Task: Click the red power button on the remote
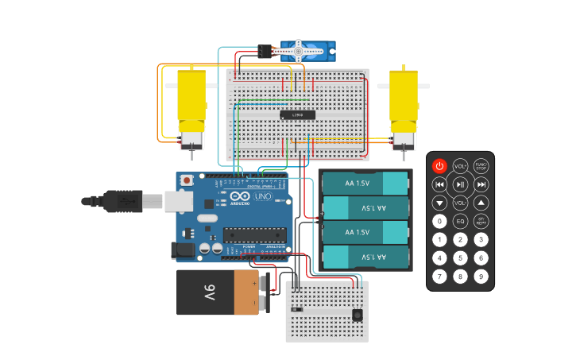pos(439,166)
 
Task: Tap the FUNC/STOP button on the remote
pos(481,166)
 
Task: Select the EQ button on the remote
pos(460,222)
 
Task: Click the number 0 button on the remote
pos(439,222)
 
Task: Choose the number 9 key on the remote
pos(481,277)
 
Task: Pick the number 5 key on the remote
pos(460,258)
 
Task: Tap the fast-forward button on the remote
pos(481,184)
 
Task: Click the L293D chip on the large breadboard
pos(298,115)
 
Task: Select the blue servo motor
pos(306,52)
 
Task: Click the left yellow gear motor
pos(191,103)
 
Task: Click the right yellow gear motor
pos(403,103)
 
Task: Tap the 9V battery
pos(218,292)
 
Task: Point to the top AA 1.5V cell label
pos(357,184)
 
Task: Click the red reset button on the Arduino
pos(187,180)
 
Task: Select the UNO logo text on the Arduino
pos(263,196)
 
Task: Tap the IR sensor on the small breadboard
pos(358,315)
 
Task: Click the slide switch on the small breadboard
pos(297,308)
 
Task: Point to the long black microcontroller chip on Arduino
pos(254,234)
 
